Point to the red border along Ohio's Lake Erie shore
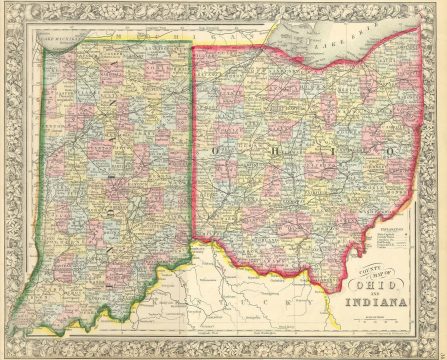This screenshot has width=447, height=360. click(x=300, y=68)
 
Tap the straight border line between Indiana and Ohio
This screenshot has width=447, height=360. click(x=192, y=150)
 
